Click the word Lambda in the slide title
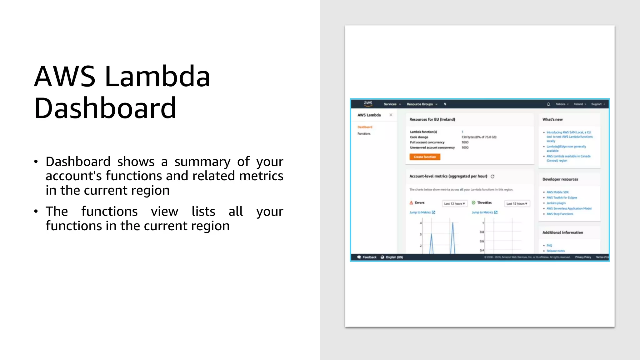(157, 77)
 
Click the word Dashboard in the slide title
(105, 108)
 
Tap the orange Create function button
(425, 157)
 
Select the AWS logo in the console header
(368, 103)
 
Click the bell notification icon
(548, 104)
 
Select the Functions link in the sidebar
(364, 134)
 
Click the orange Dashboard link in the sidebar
(365, 127)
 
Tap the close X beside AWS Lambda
(391, 115)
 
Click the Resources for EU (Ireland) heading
(432, 119)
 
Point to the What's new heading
(552, 119)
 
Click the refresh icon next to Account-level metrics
(492, 177)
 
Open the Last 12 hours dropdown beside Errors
(455, 204)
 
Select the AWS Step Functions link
(560, 214)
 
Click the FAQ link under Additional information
(549, 246)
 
